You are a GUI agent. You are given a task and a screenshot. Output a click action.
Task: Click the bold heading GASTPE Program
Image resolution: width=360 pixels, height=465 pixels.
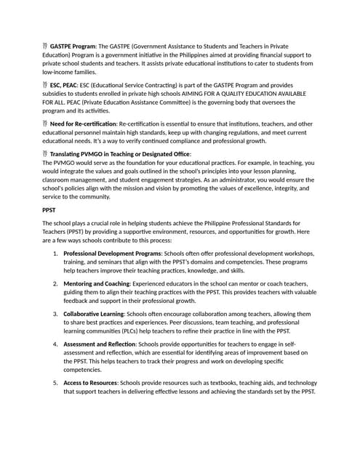coord(73,46)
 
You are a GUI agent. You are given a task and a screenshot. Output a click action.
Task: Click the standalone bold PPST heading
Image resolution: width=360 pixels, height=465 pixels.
coord(49,209)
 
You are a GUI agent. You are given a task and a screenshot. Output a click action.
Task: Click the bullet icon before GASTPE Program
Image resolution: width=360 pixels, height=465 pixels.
coord(45,46)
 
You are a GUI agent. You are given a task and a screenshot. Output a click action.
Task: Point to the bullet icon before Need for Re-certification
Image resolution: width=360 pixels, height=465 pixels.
coord(45,124)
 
